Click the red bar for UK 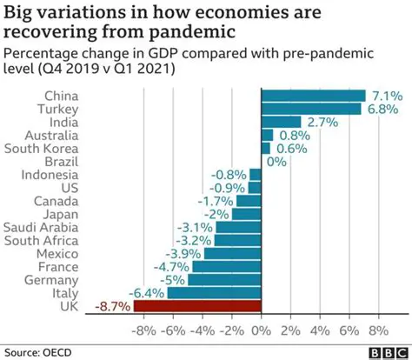tap(197, 306)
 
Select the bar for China tap(314, 95)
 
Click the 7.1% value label tap(386, 95)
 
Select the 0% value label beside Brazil tap(277, 161)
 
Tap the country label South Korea tap(43, 148)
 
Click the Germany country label tap(51, 280)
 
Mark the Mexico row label tap(56, 253)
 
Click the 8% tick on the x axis tap(379, 330)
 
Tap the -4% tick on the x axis tap(203, 330)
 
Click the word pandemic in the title tap(183, 32)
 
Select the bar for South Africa tap(237, 240)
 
